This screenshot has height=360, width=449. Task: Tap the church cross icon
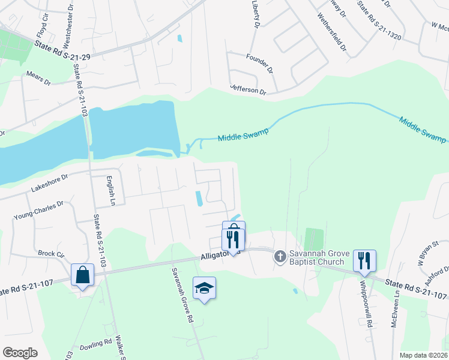pos(279,257)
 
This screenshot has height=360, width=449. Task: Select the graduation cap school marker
pos(204,288)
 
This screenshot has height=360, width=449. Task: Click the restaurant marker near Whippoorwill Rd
pos(364,260)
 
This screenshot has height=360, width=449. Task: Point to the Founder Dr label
pos(259,57)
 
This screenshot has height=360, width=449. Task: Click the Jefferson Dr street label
pos(248,89)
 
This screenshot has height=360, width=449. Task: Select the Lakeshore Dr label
pos(50,184)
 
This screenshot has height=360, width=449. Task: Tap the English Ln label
pos(109,190)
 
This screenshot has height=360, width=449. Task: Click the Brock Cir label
pos(50,254)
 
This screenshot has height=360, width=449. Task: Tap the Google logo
pos(20,352)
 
